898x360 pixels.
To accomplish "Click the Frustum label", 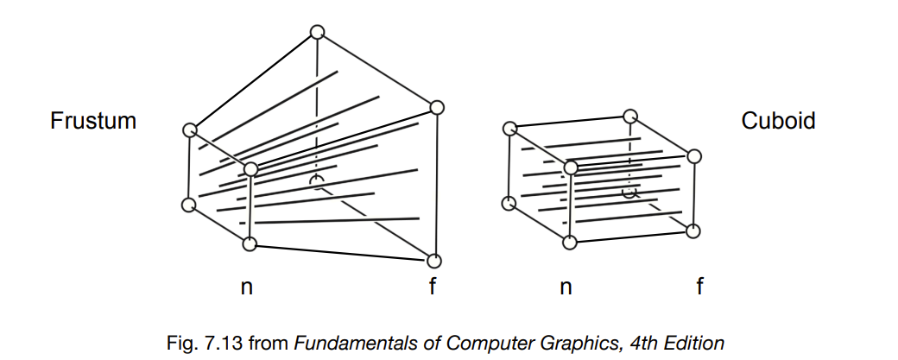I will pyautogui.click(x=93, y=121).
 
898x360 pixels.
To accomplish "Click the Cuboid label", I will pyautogui.click(x=778, y=121).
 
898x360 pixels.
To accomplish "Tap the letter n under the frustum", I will pyautogui.click(x=246, y=287).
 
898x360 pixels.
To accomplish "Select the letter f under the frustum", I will pyautogui.click(x=433, y=287).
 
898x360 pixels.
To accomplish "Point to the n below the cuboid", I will pyautogui.click(x=566, y=287).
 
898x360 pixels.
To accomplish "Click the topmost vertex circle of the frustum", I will pyautogui.click(x=317, y=33).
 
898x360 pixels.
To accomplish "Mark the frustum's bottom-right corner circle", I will pyautogui.click(x=433, y=260).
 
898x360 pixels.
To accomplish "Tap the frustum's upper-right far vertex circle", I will pyautogui.click(x=436, y=108).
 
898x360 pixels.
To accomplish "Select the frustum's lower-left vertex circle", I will pyautogui.click(x=189, y=205).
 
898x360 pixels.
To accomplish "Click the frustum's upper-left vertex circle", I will pyautogui.click(x=190, y=130).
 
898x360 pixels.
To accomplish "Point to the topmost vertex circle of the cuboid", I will pyautogui.click(x=631, y=115).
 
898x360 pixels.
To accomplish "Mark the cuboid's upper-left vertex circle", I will pyautogui.click(x=510, y=128).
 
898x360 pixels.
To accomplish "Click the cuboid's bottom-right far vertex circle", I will pyautogui.click(x=696, y=230).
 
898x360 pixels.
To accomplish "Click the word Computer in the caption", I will pyautogui.click(x=463, y=343).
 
